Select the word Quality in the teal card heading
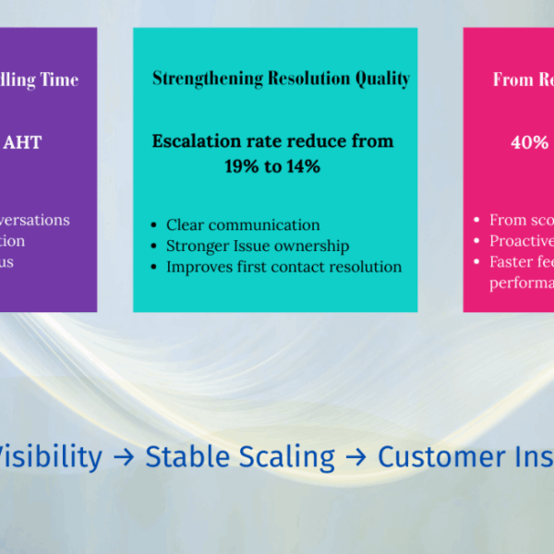click(380, 79)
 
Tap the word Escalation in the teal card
click(199, 141)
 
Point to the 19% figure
click(244, 167)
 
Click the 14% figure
click(302, 167)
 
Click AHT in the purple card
click(23, 142)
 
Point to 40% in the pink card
click(530, 142)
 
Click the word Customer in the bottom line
click(442, 456)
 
